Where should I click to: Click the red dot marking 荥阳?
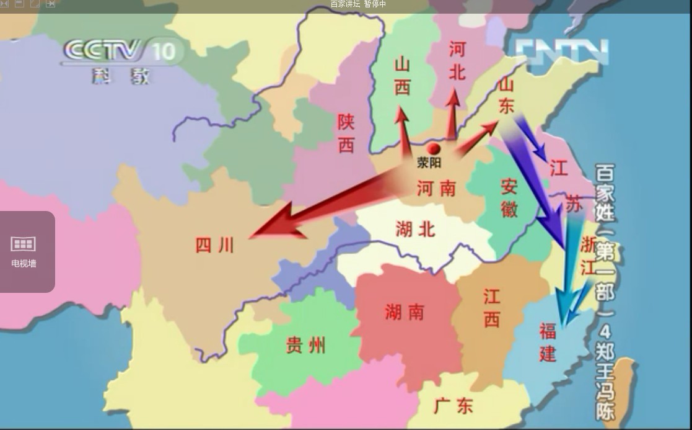pos(434,149)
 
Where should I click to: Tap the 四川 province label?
pos(215,246)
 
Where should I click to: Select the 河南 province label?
pos(436,188)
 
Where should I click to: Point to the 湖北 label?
pos(415,230)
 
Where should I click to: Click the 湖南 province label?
pos(405,312)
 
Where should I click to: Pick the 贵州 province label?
pos(305,346)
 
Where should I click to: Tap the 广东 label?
pos(453,406)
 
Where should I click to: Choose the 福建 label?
pos(548,343)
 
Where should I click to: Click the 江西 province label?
pos(492,308)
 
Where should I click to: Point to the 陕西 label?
pos(346,133)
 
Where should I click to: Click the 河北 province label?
pos(457,61)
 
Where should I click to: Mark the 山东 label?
pos(506,94)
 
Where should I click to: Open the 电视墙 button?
pos(24,251)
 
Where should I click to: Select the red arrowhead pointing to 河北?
pos(453,98)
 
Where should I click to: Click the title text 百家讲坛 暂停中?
pos(358,4)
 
